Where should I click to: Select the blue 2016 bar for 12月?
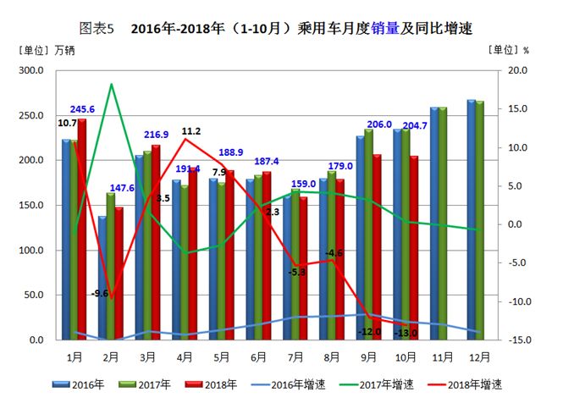pyautogui.click(x=472, y=220)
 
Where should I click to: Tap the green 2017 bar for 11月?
pyautogui.click(x=443, y=224)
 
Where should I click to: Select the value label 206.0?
pyautogui.click(x=378, y=124)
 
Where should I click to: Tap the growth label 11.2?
pyautogui.click(x=191, y=131)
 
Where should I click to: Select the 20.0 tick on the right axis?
pyautogui.click(x=518, y=70)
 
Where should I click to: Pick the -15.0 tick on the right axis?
pyautogui.click(x=518, y=340)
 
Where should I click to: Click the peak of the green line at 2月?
pyautogui.click(x=112, y=84)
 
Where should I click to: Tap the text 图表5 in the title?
pyautogui.click(x=96, y=28)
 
